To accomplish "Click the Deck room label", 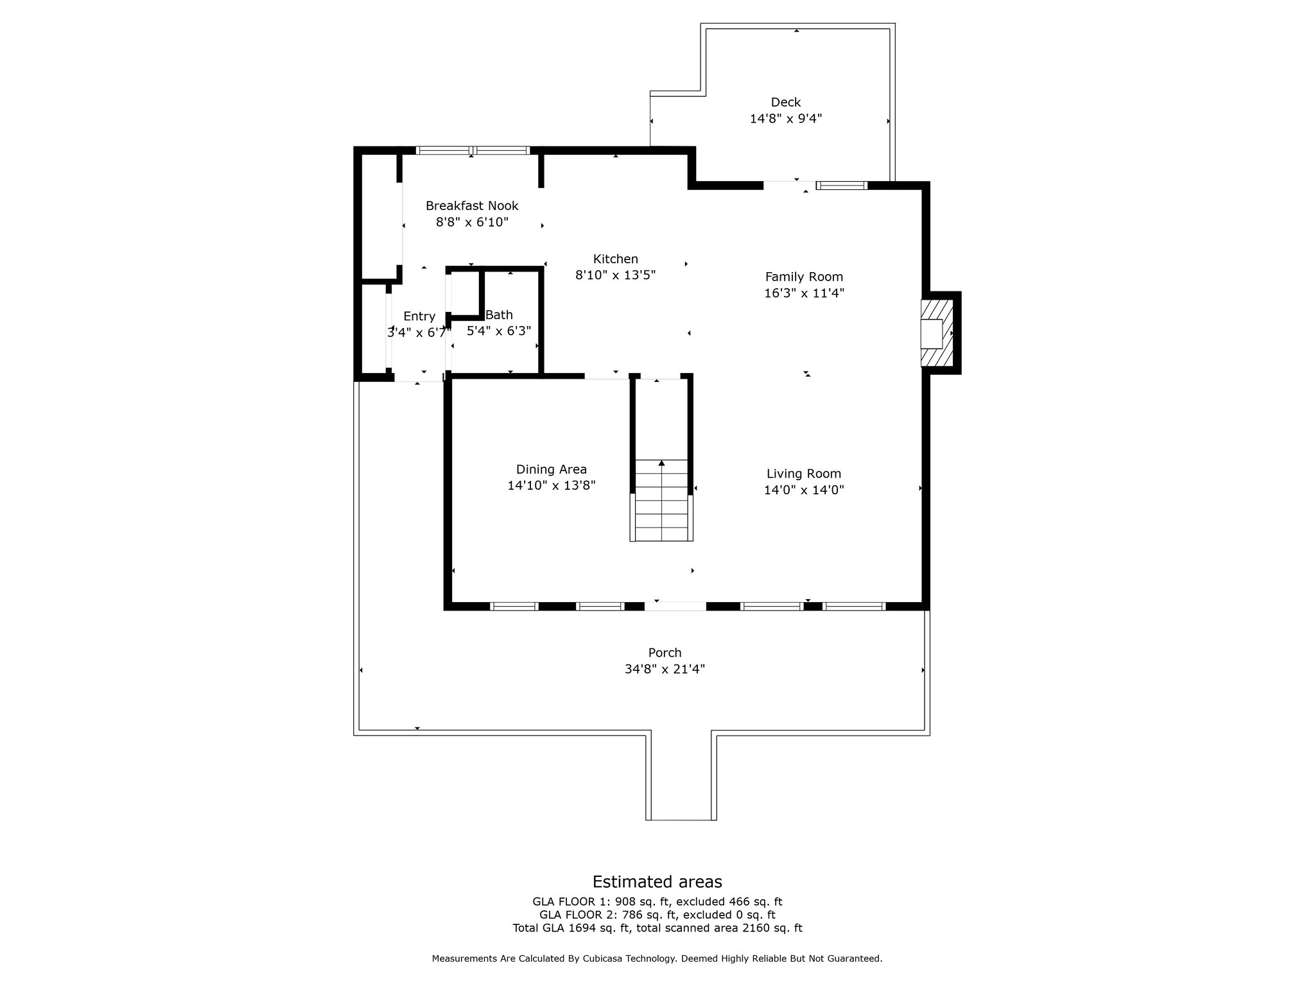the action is tap(786, 102).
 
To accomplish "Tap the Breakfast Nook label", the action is tap(472, 205).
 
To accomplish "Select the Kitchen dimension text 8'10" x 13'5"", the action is tap(615, 275).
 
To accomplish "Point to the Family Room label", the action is tap(804, 277).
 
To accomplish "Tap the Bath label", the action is tap(499, 315).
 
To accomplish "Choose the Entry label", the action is tap(419, 316).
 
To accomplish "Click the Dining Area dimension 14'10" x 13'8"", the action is tap(552, 486).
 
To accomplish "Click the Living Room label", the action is tap(804, 474).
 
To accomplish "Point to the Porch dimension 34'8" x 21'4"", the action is tap(665, 669).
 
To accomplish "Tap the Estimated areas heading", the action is tap(657, 881).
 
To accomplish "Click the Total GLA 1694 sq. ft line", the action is tap(657, 928).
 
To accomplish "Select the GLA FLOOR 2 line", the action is tap(657, 915).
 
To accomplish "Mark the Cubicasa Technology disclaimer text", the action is tap(657, 958).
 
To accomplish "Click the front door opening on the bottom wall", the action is tap(675, 606).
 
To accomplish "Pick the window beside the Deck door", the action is tap(842, 186).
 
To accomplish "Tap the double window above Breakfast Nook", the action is tap(473, 151).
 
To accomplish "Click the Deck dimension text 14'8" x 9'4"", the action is tap(786, 119).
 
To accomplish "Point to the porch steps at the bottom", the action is tap(681, 777).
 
